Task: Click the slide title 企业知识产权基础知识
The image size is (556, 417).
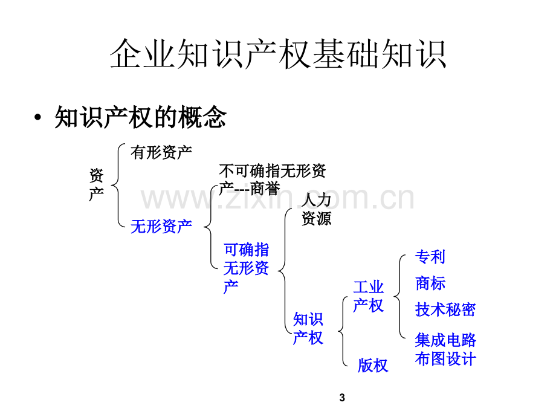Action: [x=278, y=54]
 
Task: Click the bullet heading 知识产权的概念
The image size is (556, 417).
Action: [x=140, y=117]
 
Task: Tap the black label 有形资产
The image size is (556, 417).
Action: [x=161, y=152]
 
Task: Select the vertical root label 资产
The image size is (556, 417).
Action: [x=97, y=184]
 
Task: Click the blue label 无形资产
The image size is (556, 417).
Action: [x=161, y=226]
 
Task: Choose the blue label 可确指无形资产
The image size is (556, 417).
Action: [x=246, y=268]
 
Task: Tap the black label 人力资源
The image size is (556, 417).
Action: [x=316, y=209]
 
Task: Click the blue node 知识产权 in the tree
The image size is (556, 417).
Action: [x=308, y=328]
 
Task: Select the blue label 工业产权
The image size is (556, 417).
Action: [x=369, y=296]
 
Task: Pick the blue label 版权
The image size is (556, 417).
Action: [x=373, y=365]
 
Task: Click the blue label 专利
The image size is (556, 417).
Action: [x=430, y=257]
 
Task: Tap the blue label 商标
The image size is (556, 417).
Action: [x=430, y=283]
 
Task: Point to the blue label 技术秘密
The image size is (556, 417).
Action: [x=445, y=309]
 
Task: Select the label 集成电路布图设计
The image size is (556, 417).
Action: [x=445, y=349]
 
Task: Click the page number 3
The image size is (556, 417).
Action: [x=342, y=398]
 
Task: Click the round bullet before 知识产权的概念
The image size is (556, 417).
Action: [x=38, y=117]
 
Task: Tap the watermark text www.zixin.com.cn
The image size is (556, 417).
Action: [x=277, y=199]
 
